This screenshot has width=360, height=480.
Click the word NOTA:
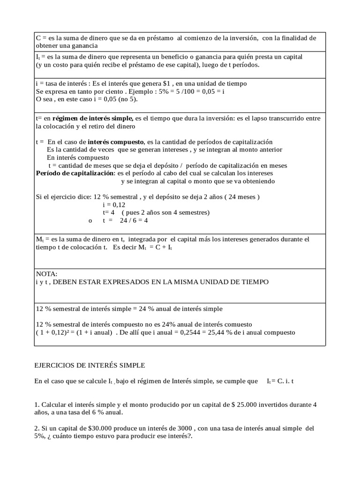[x=46, y=274]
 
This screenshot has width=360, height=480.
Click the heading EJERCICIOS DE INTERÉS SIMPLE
[x=90, y=365]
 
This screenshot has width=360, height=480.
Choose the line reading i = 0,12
[x=114, y=204]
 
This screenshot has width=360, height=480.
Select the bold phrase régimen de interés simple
[x=93, y=119]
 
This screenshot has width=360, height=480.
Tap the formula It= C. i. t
[x=282, y=382]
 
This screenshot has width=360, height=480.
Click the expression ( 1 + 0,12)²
[x=52, y=332]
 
